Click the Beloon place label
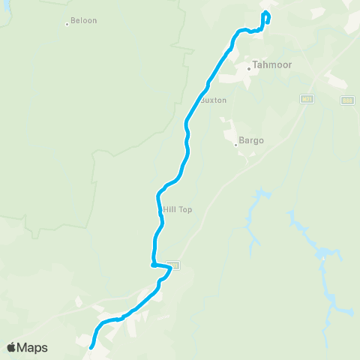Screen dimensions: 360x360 click(x=83, y=21)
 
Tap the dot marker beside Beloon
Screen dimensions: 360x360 click(x=67, y=24)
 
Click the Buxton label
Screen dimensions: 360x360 click(x=214, y=100)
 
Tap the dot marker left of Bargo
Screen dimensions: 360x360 click(x=235, y=144)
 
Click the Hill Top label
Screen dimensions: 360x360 click(x=177, y=210)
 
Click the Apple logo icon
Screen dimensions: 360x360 click(x=11, y=347)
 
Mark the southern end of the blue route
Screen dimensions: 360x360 click(x=91, y=347)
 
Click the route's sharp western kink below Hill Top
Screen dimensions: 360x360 click(x=152, y=264)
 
